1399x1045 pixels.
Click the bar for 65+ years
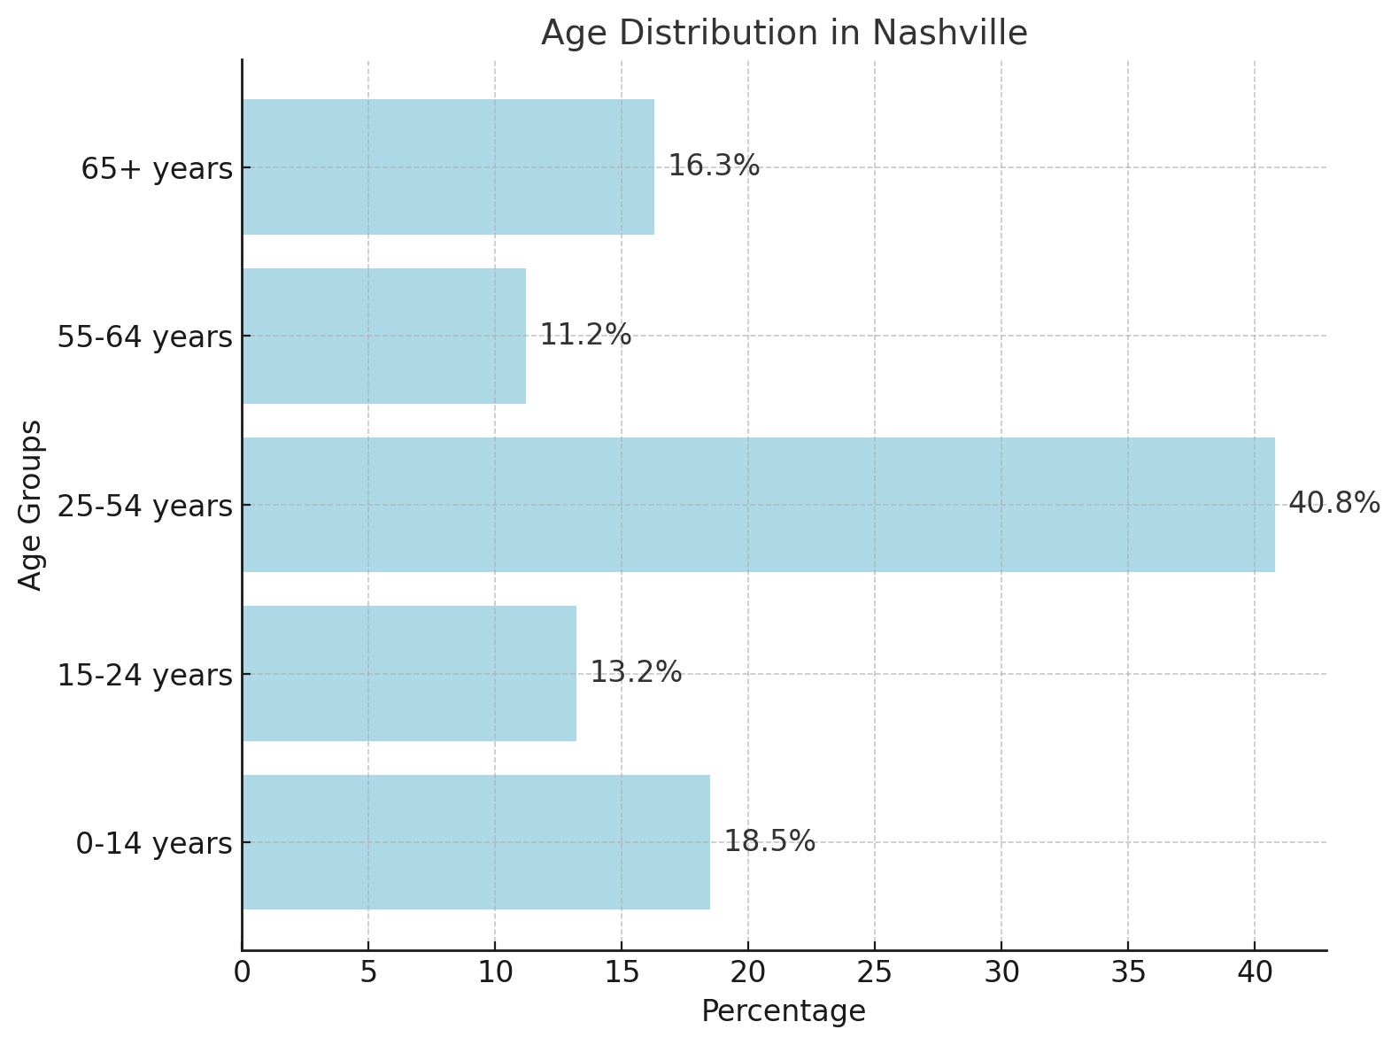[448, 166]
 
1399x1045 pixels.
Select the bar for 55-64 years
[383, 336]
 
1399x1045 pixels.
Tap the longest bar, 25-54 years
[758, 505]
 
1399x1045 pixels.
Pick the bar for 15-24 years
[409, 673]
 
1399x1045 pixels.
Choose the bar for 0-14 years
[475, 842]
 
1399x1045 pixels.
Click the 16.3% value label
[713, 166]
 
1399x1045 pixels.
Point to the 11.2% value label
[585, 335]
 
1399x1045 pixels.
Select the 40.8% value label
[1333, 503]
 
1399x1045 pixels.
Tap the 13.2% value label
[636, 672]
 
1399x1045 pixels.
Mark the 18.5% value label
[769, 841]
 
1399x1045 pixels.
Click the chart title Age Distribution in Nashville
[784, 33]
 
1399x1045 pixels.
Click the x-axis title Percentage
[784, 1010]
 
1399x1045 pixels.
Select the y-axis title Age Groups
[30, 505]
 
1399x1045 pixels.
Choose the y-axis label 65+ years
[157, 168]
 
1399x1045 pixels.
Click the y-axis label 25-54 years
[144, 507]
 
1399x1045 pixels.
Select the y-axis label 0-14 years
[154, 844]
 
